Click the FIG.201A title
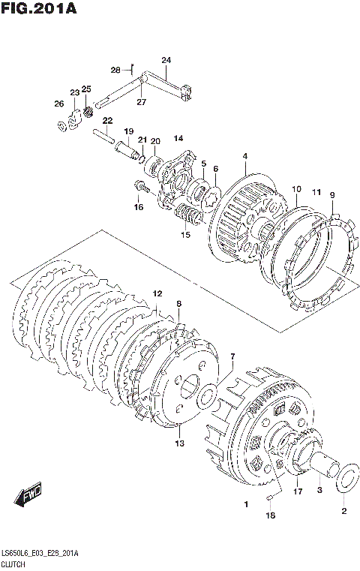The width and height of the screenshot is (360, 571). point(39,8)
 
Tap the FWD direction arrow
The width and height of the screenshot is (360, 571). point(28,495)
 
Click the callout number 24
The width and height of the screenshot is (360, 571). point(166,60)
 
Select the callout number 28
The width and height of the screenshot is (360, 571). point(115,70)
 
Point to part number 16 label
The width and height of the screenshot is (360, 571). point(138,207)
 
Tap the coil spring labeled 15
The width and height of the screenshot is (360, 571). point(187,215)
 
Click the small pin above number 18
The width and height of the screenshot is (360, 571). point(270,497)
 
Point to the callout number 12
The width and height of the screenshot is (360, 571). point(157,293)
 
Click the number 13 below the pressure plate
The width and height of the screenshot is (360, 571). point(179,443)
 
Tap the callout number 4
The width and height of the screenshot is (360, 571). point(245,156)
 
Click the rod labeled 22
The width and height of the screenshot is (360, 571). point(104,135)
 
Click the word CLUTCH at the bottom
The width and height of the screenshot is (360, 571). point(13,565)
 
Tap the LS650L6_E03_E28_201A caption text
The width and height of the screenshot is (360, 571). point(40,554)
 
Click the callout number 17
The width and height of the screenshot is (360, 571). point(298,491)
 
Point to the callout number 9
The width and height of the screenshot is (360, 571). point(332,195)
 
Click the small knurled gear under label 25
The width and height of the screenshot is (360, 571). point(87,112)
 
